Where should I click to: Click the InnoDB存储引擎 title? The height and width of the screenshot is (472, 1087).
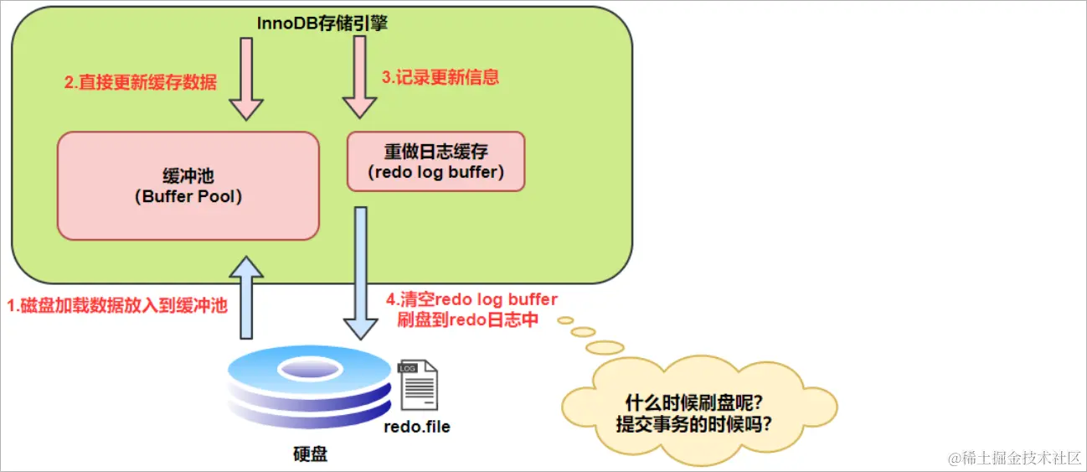pos(322,23)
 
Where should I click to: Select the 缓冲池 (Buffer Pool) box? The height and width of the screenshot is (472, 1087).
pos(188,186)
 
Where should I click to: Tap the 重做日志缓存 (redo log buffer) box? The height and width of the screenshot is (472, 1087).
pos(435,162)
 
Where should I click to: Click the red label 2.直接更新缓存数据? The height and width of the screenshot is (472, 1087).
pos(140,82)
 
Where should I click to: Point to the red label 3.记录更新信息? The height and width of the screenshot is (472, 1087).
pos(440,77)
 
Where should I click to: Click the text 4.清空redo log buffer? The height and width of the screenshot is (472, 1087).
pos(471,299)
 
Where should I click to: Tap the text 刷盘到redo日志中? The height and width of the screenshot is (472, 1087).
pos(467,319)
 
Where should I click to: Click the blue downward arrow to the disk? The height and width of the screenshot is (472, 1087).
pos(360,272)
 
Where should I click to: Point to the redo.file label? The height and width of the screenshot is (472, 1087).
pos(416,427)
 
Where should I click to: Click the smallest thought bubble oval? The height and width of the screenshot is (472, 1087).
pos(565,320)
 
